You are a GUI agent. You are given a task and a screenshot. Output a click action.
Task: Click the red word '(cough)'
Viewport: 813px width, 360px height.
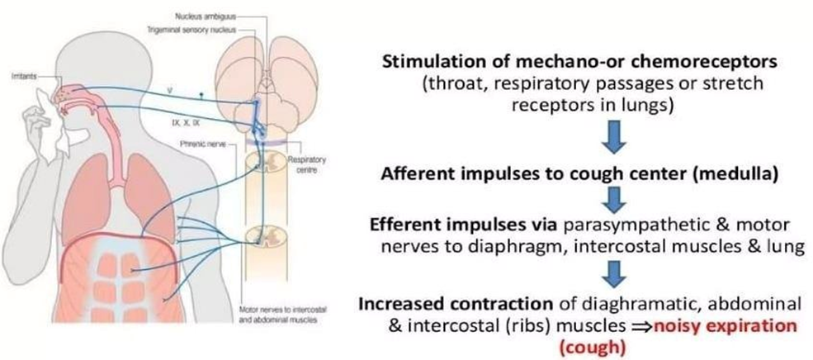click(586, 348)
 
